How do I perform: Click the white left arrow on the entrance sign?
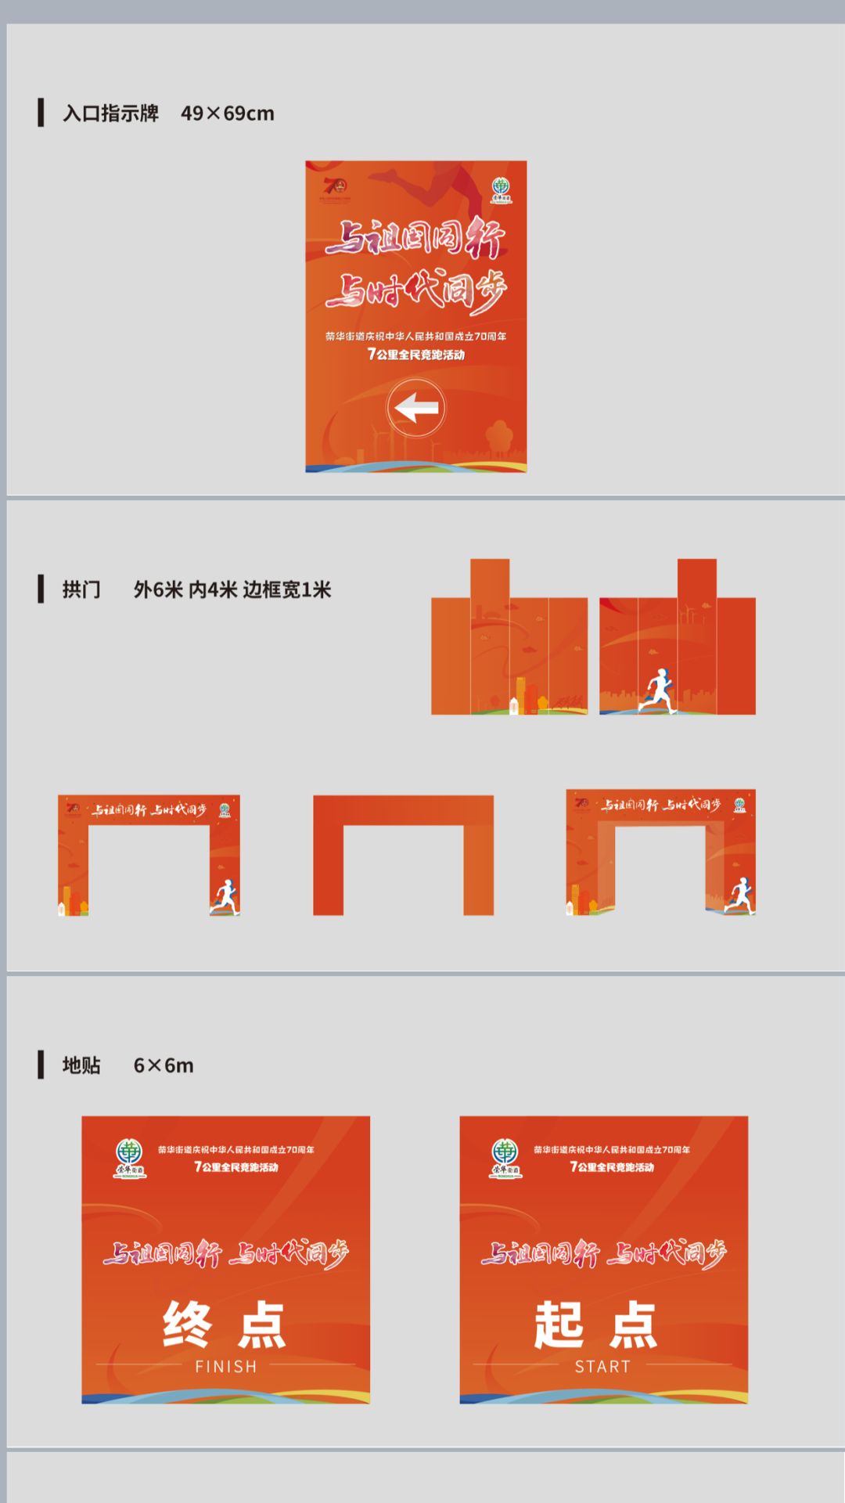[x=415, y=407]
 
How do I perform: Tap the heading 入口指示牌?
[x=110, y=114]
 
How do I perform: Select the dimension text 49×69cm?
[x=227, y=114]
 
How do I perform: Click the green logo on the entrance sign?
[x=501, y=189]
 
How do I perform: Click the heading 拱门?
[x=81, y=589]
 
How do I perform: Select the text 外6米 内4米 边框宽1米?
[x=232, y=589]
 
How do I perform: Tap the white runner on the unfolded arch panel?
[x=659, y=691]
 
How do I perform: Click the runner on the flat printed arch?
[x=225, y=896]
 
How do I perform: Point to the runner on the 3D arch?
[x=739, y=896]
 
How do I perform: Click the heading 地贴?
[x=81, y=1065]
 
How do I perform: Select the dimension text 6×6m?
[x=163, y=1065]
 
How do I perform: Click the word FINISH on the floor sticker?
[x=225, y=1367]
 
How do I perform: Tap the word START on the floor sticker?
[x=602, y=1367]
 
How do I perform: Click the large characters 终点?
[x=225, y=1325]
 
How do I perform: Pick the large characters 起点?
[x=595, y=1325]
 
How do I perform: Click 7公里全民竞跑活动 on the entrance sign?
[x=416, y=355]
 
